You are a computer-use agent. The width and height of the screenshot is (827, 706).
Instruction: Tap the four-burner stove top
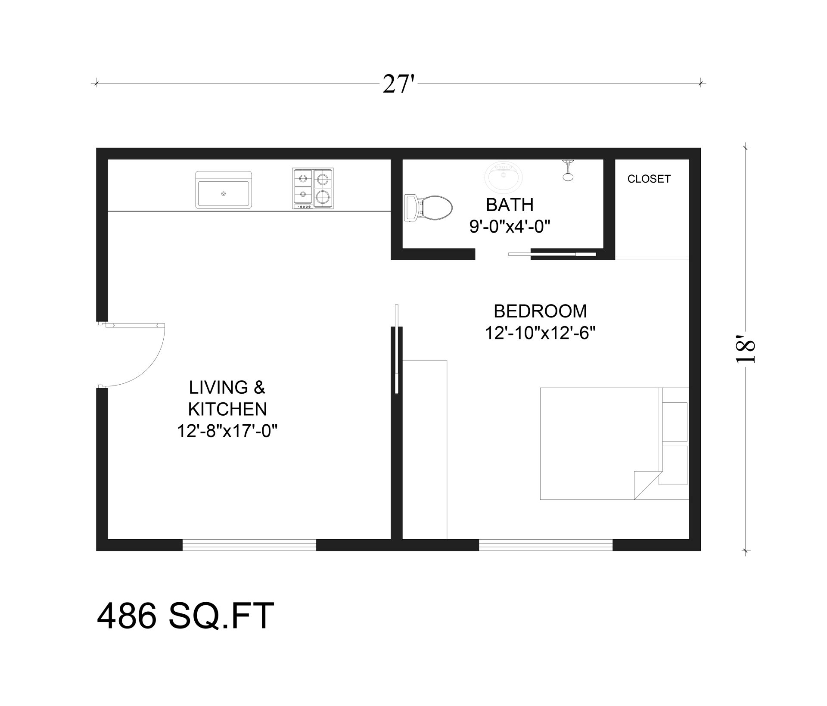point(313,188)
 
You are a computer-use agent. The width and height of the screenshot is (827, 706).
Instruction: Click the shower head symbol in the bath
point(568,171)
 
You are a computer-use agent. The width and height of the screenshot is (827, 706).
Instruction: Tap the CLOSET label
point(649,179)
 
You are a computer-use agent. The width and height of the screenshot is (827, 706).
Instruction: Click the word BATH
point(510,205)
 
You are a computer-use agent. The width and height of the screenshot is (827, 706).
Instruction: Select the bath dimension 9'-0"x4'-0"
point(510,226)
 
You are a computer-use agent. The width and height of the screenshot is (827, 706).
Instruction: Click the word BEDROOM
point(540,311)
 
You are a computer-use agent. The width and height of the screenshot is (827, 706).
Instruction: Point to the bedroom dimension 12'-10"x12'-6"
point(540,333)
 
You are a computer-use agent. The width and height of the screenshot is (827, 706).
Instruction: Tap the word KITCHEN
point(227,409)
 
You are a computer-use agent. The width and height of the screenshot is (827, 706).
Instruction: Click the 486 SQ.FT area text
point(185,616)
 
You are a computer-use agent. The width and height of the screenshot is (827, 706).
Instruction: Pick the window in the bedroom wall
point(545,545)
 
